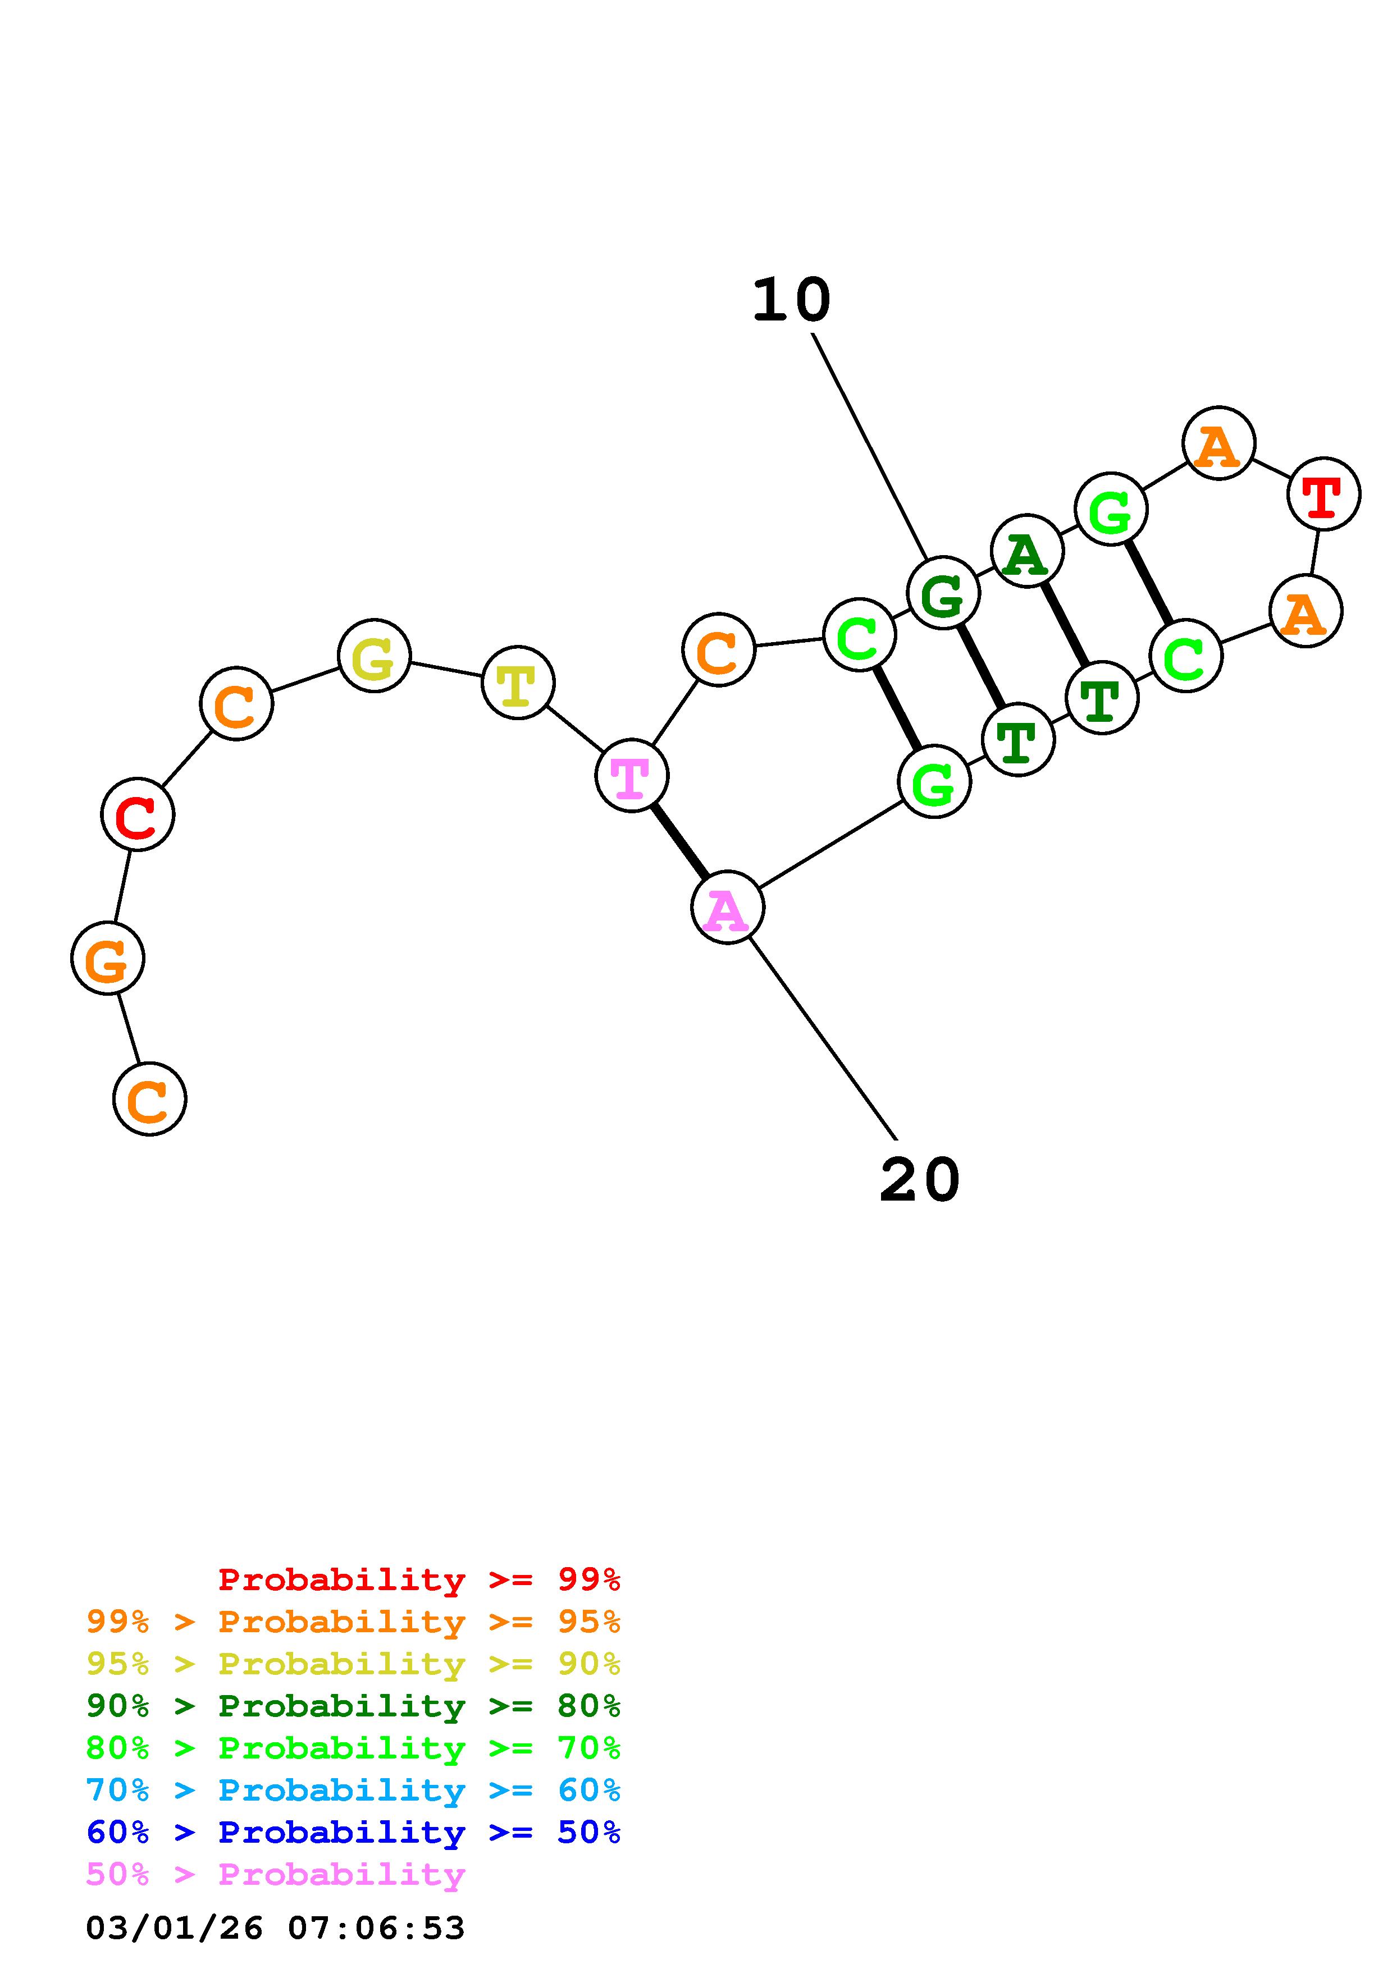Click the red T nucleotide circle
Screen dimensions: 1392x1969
coord(1323,494)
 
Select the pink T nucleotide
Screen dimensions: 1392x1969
coord(632,775)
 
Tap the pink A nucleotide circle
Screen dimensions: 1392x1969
coord(727,907)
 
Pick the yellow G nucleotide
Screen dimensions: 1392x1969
coord(374,656)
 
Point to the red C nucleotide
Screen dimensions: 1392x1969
coord(137,814)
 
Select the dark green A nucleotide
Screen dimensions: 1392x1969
coord(1026,551)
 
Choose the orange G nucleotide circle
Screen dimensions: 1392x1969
coord(107,959)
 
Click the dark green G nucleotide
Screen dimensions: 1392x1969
coord(943,593)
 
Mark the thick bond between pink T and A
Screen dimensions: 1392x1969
coord(679,841)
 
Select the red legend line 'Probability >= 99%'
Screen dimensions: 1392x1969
coord(418,1579)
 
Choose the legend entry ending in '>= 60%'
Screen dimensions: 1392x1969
coord(353,1791)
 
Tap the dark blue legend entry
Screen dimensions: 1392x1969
coord(353,1833)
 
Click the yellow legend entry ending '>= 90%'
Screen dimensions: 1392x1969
coord(353,1664)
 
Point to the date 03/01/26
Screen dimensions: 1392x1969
coord(174,1929)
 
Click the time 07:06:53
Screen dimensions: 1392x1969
coord(376,1929)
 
